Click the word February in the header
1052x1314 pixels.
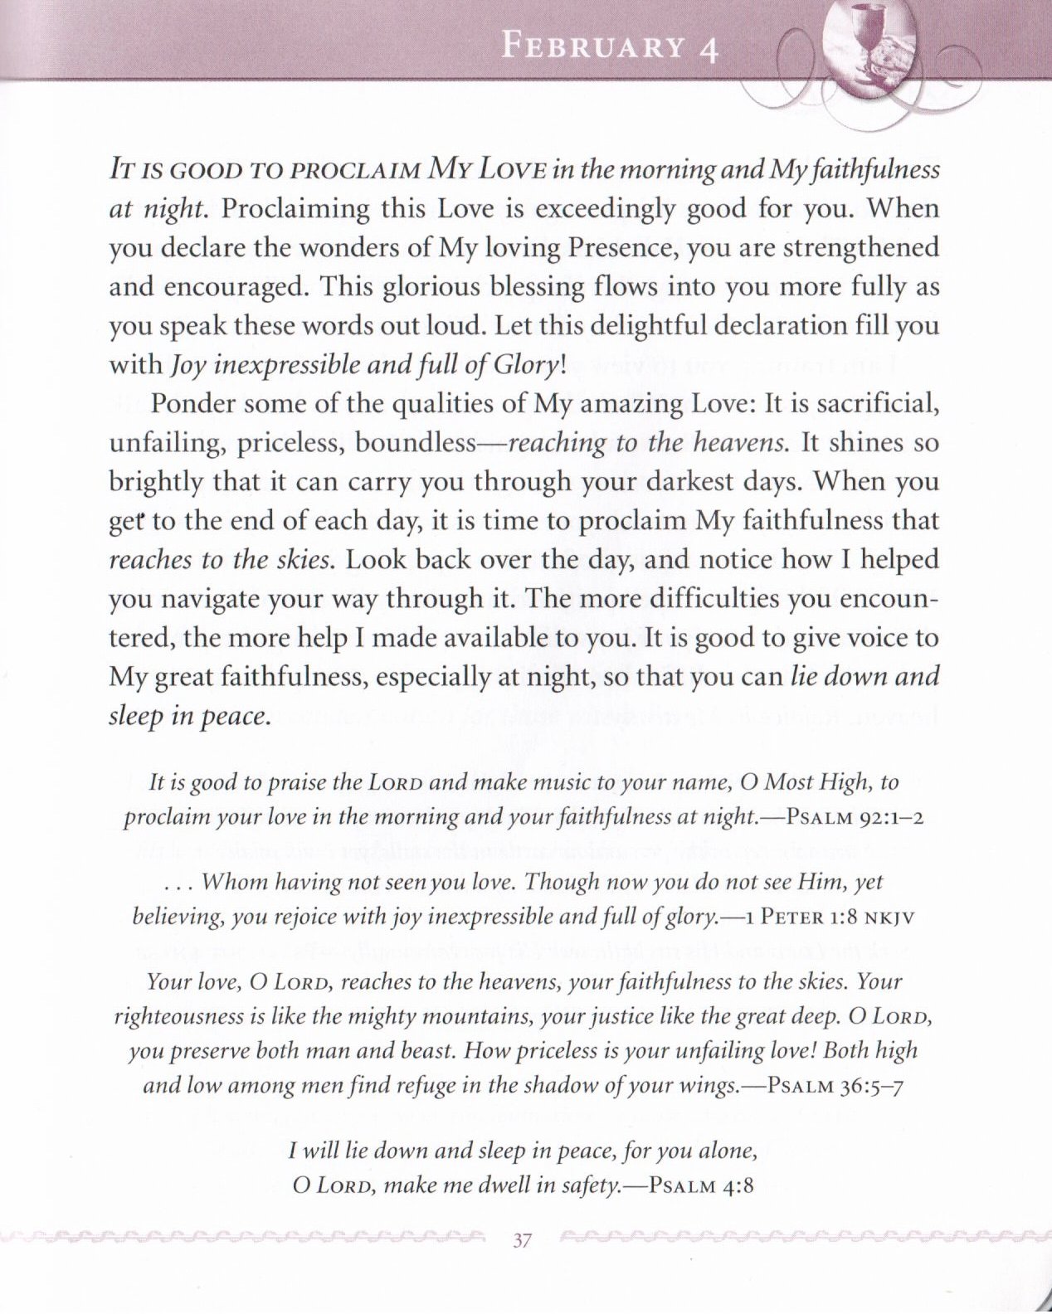pyautogui.click(x=594, y=46)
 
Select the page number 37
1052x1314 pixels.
pyautogui.click(x=522, y=1241)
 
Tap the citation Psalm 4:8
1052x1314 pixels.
pyautogui.click(x=701, y=1185)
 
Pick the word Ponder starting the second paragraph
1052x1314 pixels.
pyautogui.click(x=196, y=404)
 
